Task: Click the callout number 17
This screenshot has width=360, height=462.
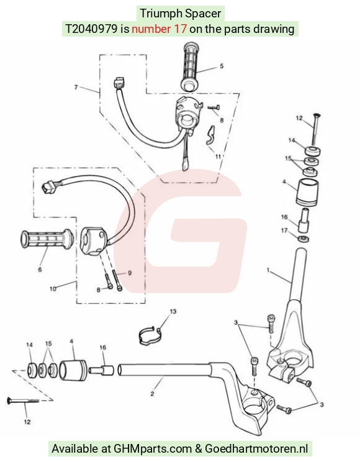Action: point(284,230)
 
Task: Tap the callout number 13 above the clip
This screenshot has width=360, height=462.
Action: point(173,312)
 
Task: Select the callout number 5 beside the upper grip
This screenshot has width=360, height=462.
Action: point(222,66)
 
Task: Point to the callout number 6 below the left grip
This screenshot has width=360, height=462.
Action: point(40,269)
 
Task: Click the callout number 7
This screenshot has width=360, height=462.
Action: point(76,87)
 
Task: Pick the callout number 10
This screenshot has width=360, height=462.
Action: point(53,289)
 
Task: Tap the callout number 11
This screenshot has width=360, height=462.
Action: point(218,156)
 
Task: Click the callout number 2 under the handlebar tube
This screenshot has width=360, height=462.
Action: point(152,394)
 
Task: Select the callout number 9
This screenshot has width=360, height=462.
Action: point(130,273)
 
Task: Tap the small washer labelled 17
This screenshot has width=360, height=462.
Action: point(303,239)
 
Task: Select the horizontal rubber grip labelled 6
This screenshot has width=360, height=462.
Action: point(47,238)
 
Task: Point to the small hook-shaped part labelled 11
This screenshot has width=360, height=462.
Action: point(210,135)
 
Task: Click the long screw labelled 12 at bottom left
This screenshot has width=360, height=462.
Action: point(23,401)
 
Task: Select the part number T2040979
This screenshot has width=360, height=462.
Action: point(91,29)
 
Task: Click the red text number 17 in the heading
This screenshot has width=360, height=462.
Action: point(159,29)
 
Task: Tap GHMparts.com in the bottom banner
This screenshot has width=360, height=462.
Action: point(153,449)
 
